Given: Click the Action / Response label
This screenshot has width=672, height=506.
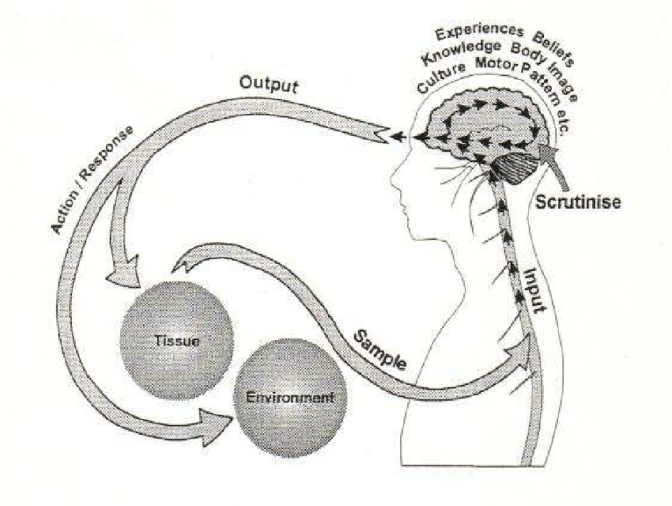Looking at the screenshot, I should point(82,179).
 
